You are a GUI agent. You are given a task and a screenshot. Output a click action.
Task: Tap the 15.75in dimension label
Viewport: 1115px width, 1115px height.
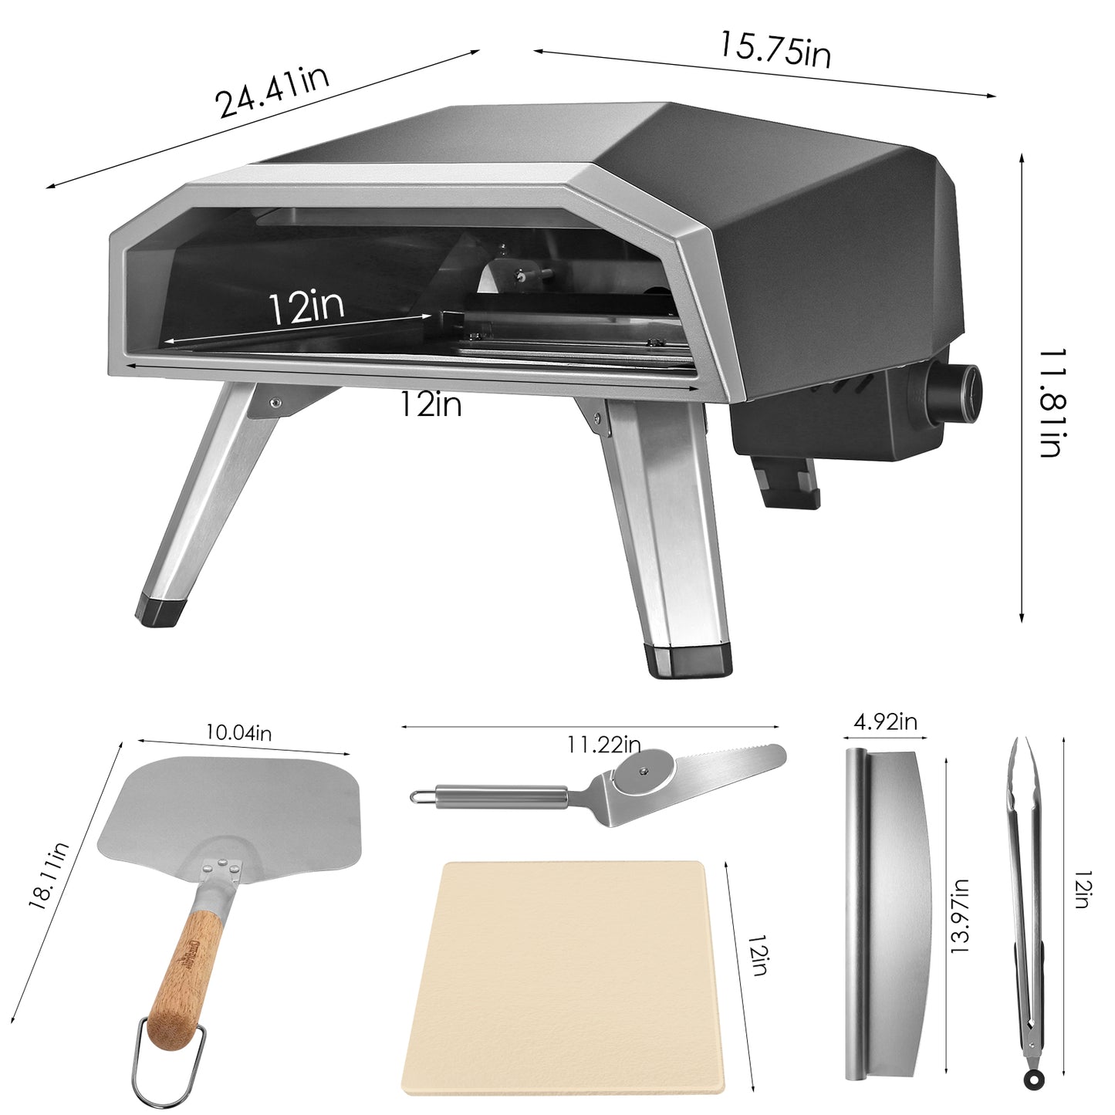pyautogui.click(x=775, y=49)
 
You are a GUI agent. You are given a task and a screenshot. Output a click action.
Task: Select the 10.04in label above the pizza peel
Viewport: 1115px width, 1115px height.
pyautogui.click(x=239, y=732)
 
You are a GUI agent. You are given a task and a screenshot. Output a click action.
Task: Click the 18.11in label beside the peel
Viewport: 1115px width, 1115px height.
pyautogui.click(x=49, y=876)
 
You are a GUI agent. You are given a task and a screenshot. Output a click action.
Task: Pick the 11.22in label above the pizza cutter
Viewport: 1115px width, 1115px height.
pyautogui.click(x=603, y=744)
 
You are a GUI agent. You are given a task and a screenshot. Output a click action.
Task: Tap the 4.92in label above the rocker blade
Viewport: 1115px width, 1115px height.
pyautogui.click(x=885, y=721)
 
